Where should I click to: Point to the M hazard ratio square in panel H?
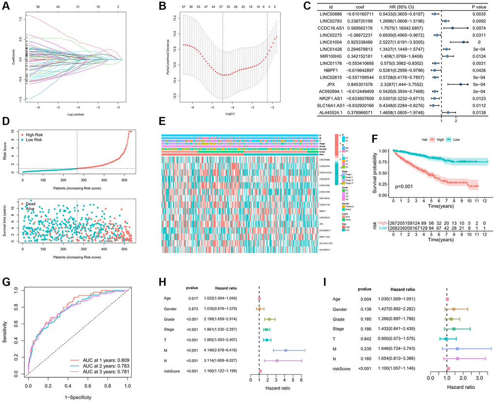285,350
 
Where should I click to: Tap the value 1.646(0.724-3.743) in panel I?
394,349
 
